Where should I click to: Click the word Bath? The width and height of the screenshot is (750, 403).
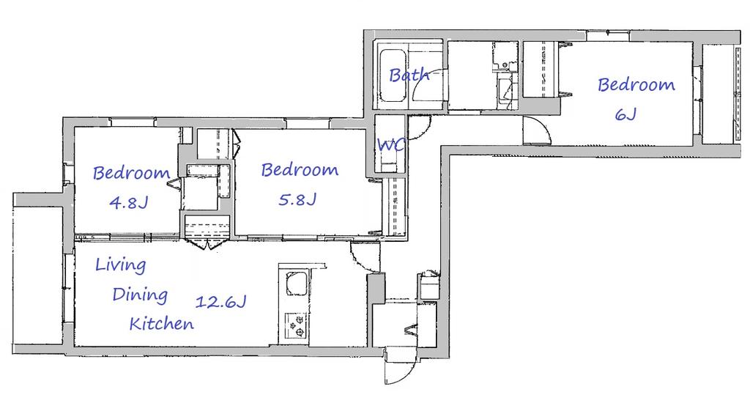(x=409, y=75)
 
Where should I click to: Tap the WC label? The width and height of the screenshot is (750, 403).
(x=391, y=144)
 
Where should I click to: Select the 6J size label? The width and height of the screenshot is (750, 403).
(x=625, y=114)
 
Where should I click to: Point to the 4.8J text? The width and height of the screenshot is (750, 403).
(x=129, y=203)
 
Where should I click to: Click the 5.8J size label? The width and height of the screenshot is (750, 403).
(x=297, y=199)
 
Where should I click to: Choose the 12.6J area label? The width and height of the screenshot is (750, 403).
(x=220, y=302)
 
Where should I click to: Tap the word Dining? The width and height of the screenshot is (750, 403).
(x=140, y=295)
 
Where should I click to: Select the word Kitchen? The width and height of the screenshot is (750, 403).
(x=162, y=324)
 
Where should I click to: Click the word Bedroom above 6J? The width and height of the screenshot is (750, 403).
(x=636, y=85)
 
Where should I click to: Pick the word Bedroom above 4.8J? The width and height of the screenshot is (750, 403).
(x=131, y=172)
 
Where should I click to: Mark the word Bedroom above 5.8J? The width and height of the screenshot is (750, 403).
(x=300, y=169)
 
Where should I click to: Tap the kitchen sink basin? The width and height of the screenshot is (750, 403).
(x=297, y=284)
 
